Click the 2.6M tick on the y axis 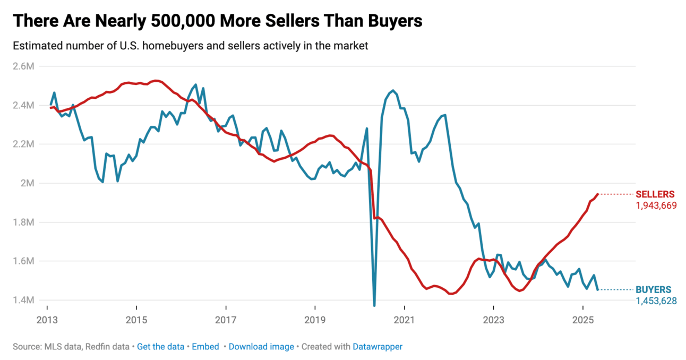coord(24,66)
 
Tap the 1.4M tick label coord(24,300)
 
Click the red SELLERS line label coord(655,194)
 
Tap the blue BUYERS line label coord(653,290)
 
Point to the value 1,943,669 coord(656,205)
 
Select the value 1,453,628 coord(656,301)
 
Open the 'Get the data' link coord(160,347)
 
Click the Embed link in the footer coord(205,347)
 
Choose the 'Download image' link coord(261,347)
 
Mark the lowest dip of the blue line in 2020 coord(374,305)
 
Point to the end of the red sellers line coord(598,194)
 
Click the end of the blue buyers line coord(598,289)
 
